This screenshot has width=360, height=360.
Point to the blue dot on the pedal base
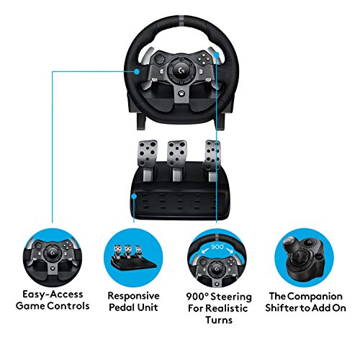coord(137,194)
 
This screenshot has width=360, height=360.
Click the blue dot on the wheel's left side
coord(135,71)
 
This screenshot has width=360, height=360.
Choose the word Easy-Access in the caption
coord(52,294)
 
